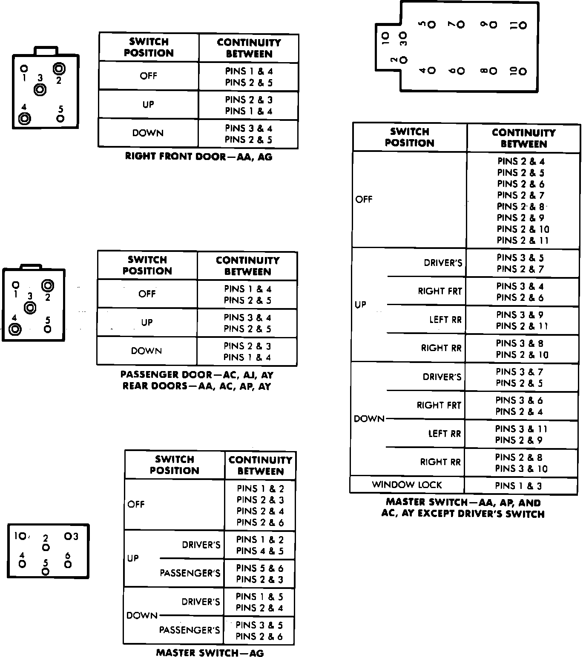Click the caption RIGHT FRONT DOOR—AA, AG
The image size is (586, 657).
pos(198,157)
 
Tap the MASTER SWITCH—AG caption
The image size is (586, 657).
pos(210,652)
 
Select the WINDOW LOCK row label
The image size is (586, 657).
pos(407,485)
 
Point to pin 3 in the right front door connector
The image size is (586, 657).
pos(40,89)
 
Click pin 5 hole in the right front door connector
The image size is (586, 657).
pos(60,118)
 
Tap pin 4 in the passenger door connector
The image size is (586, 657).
pos(16,329)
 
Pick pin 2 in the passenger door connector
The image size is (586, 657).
pos(47,285)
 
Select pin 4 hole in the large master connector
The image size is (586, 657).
pos(431,71)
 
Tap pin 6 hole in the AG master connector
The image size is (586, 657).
pos(68,564)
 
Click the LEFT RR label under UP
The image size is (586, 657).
pos(445,320)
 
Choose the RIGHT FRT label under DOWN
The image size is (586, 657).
pos(439,405)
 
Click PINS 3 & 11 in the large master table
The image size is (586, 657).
pos(521,429)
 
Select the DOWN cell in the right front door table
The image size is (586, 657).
pos(147,133)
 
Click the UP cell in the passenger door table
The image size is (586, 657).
pos(146,323)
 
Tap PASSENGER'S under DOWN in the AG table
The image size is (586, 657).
pos(190,630)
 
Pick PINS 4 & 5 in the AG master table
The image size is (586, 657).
pos(259,551)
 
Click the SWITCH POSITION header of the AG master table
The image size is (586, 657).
pos(174,465)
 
